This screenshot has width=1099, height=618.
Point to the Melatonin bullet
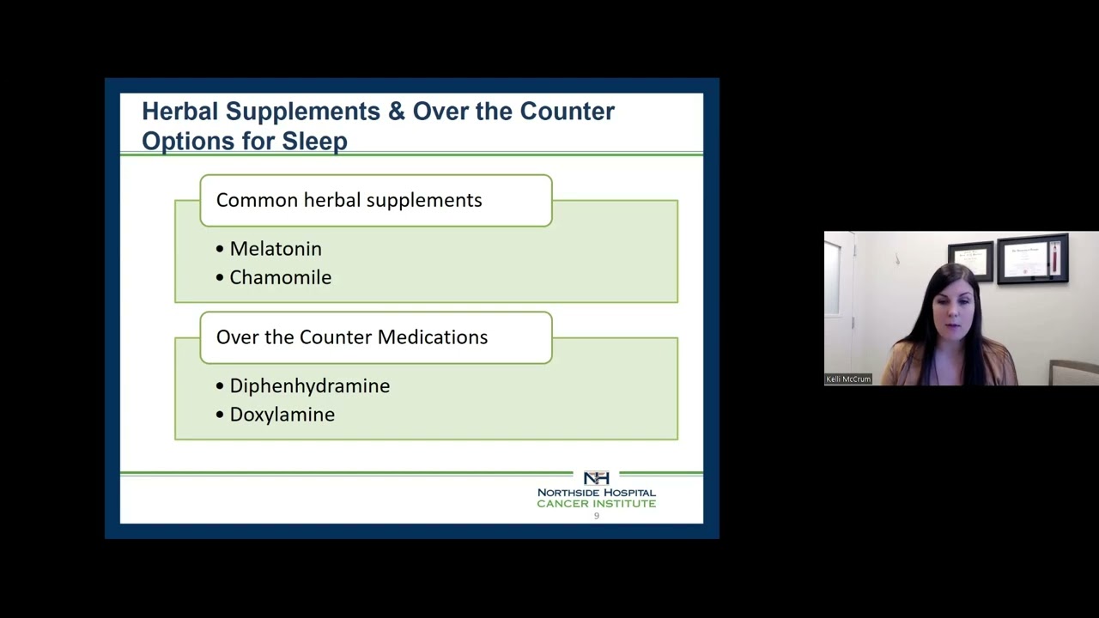pos(275,249)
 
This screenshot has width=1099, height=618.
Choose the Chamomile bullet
pos(280,277)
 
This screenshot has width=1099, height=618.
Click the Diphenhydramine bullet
pos(309,386)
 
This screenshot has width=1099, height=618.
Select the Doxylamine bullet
pos(282,415)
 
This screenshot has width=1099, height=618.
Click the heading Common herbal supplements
pos(349,200)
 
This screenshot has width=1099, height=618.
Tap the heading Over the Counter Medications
pos(351,337)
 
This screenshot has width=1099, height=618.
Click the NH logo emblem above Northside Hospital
pos(596,478)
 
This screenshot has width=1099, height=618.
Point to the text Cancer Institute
pos(596,504)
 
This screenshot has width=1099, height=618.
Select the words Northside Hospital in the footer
pos(596,493)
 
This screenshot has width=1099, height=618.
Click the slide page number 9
pos(597,516)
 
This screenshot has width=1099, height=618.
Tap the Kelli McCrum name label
pos(848,379)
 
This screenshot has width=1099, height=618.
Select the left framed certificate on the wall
pos(970,260)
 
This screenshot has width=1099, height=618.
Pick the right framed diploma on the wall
pos(1032,257)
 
